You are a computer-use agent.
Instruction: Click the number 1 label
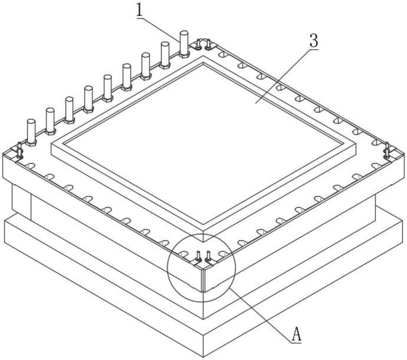tap(140, 11)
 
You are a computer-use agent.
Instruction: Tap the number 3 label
tap(314, 41)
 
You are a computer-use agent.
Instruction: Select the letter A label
tap(296, 334)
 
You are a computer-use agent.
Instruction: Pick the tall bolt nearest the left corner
tap(31, 132)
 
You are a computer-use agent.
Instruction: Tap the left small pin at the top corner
tap(198, 44)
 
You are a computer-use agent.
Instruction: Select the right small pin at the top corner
tap(208, 44)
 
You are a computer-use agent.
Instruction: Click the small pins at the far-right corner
tap(387, 150)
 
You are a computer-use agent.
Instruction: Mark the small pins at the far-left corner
tap(19, 150)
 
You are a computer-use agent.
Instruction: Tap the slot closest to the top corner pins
tap(222, 54)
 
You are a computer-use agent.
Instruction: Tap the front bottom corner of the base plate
tap(203, 357)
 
